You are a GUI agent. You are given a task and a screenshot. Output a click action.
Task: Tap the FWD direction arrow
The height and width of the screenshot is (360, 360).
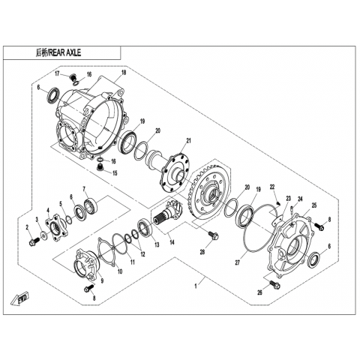tap(20, 298)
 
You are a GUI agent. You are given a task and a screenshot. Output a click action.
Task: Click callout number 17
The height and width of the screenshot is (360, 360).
tap(58, 73)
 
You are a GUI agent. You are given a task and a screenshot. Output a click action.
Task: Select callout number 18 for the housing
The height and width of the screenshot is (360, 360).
tap(124, 73)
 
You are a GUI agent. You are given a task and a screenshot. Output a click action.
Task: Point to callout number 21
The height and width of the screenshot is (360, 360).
tap(188, 141)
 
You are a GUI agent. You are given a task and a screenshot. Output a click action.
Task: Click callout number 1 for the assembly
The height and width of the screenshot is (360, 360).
tap(196, 286)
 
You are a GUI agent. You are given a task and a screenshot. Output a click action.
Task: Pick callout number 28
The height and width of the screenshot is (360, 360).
tap(202, 252)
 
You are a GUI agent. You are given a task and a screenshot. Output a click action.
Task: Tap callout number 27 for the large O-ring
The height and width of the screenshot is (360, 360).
tap(238, 263)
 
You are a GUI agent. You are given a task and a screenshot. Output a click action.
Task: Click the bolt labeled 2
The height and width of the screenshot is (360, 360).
tap(34, 241)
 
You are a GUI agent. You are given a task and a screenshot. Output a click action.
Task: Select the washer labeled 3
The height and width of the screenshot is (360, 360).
tap(44, 235)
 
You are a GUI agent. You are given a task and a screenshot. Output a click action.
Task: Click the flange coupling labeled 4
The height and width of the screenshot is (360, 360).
tap(56, 228)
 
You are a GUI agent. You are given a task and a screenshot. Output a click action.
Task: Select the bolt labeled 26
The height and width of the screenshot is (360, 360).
tap(275, 284)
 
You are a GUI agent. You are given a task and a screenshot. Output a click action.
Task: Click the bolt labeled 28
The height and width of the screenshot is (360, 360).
tap(213, 235)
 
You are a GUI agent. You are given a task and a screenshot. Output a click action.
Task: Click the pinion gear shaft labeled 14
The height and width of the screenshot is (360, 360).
tap(169, 213)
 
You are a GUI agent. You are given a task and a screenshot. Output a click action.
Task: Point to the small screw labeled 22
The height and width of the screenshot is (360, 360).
tap(278, 202)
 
